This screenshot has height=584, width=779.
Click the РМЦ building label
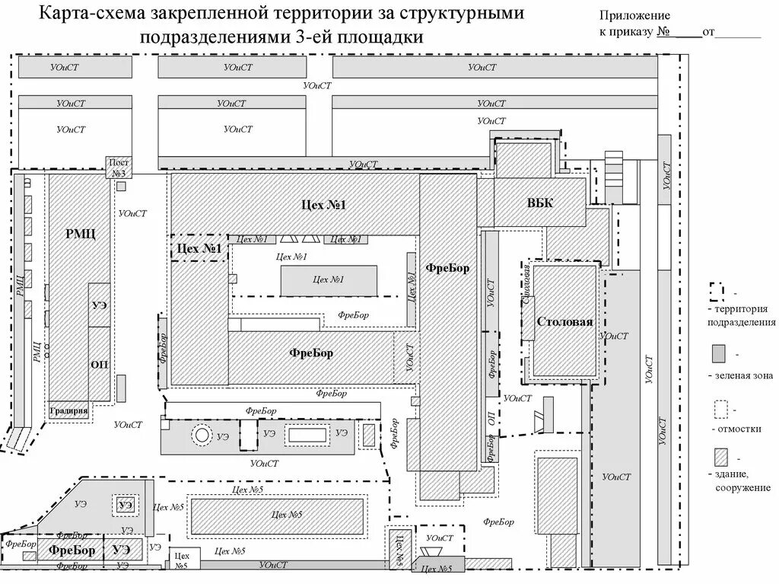point(80,234)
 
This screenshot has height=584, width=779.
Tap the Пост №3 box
point(119,168)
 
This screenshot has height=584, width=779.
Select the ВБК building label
point(540,203)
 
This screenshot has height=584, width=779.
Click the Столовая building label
point(564,321)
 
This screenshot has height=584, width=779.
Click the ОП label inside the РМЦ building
point(100,364)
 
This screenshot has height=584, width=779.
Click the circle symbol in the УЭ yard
point(202,435)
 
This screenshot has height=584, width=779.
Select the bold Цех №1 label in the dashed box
point(199,248)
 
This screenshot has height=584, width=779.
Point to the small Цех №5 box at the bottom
point(180,560)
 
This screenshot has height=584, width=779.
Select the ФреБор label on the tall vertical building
point(447,268)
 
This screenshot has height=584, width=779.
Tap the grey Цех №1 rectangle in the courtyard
point(329,280)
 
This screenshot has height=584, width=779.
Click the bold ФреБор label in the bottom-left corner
point(72,549)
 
